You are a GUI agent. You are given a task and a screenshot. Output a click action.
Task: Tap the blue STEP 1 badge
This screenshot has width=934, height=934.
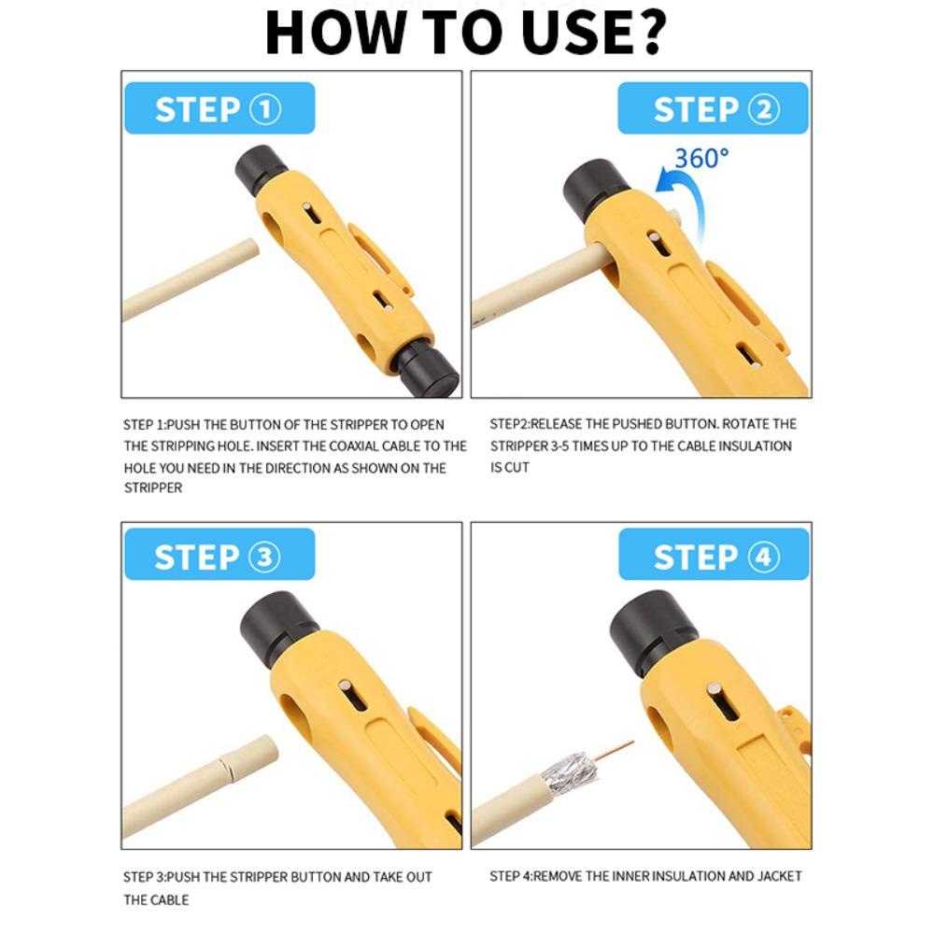click(x=219, y=107)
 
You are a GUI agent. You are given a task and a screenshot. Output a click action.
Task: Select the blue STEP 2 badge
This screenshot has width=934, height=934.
click(x=713, y=107)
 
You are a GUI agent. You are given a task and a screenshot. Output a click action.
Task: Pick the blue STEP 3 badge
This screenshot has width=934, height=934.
click(x=219, y=554)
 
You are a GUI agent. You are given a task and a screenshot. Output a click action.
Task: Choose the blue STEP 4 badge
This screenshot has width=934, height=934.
click(x=714, y=554)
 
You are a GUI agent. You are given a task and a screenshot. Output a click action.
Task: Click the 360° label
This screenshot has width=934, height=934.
click(x=701, y=159)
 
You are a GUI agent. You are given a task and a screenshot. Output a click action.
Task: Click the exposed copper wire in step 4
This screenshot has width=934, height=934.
click(x=614, y=752)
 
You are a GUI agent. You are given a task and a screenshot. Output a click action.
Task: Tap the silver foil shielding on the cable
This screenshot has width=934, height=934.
click(x=570, y=772)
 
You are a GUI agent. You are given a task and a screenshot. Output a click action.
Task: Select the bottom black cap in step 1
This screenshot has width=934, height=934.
click(x=427, y=369)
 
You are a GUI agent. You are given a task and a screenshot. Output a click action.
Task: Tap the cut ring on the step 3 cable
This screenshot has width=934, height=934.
click(x=226, y=769)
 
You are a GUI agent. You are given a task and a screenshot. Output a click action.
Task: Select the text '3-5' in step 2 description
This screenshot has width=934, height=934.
click(x=565, y=446)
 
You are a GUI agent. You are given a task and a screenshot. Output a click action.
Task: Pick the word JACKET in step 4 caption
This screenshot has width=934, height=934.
click(x=780, y=876)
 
